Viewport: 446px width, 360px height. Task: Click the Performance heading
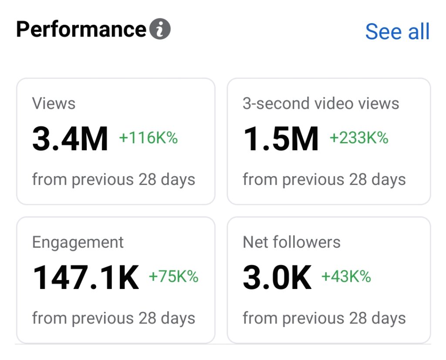tap(81, 30)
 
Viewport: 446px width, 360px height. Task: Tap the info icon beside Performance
tap(160, 30)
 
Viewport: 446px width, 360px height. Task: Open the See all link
tap(397, 32)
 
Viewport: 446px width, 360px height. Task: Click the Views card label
tap(54, 104)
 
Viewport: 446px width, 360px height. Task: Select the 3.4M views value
tap(70, 139)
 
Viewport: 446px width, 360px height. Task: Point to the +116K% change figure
tap(148, 138)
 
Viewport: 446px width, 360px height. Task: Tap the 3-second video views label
tap(321, 104)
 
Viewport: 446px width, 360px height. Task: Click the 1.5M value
tap(280, 139)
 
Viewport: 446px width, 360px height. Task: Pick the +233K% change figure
tap(358, 138)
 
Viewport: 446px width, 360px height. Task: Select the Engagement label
tap(78, 242)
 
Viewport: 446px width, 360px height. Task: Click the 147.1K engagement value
tap(86, 278)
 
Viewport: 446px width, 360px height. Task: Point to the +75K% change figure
tap(173, 276)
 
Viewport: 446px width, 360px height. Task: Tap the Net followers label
tap(291, 242)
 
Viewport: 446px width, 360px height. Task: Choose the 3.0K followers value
tap(277, 278)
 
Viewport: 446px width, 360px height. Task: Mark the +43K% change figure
tap(346, 276)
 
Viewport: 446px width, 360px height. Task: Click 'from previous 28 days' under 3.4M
tap(114, 179)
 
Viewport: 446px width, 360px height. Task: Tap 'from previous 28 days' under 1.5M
tap(324, 179)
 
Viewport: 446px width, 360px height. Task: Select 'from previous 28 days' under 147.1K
tap(114, 318)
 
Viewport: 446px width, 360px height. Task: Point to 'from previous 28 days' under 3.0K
tap(324, 318)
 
